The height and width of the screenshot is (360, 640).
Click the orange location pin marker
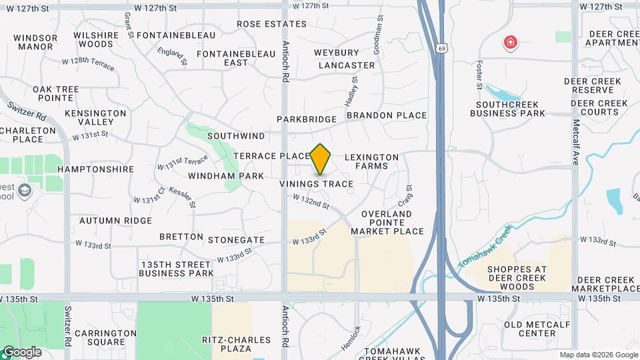pyautogui.click(x=321, y=159)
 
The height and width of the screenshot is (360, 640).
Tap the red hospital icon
pyautogui.click(x=511, y=43)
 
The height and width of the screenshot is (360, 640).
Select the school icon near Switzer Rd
pyautogui.click(x=25, y=191)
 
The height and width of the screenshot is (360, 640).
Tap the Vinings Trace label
pyautogui.click(x=316, y=183)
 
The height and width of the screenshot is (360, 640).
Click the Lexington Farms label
pyautogui.click(x=372, y=161)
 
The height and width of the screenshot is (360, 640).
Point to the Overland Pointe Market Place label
pyautogui.click(x=387, y=223)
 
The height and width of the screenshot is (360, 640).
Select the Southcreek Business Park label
pyautogui.click(x=507, y=109)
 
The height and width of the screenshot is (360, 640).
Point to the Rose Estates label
pyautogui.click(x=261, y=24)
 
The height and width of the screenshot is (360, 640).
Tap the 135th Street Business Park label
pyautogui.click(x=177, y=269)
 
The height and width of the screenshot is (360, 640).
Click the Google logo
pyautogui.click(x=21, y=351)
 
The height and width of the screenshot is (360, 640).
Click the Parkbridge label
pyautogui.click(x=307, y=119)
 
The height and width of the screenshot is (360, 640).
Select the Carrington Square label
pyautogui.click(x=101, y=337)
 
